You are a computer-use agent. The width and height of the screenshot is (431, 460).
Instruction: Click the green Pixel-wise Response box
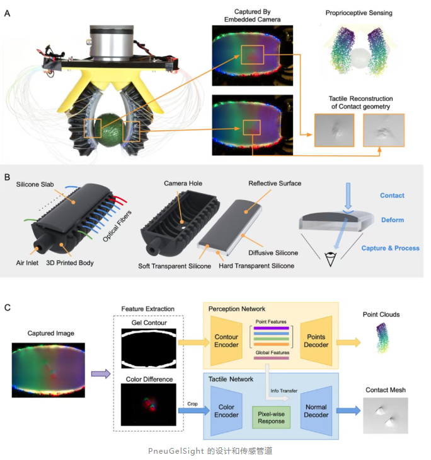pyautogui.click(x=270, y=416)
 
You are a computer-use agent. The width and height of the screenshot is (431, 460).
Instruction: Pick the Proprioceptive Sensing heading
pyautogui.click(x=360, y=13)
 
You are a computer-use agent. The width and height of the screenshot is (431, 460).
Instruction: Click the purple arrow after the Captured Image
pyautogui.click(x=100, y=374)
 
